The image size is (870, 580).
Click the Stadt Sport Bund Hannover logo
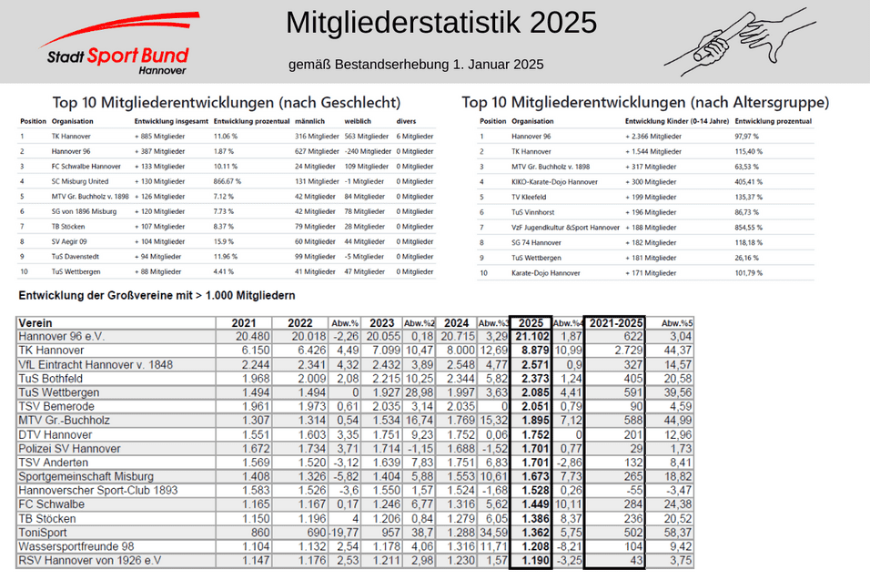[x=120, y=43]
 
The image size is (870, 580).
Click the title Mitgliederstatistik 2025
[x=441, y=22]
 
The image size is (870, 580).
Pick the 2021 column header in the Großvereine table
[x=244, y=323]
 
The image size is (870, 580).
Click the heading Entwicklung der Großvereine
[x=156, y=296]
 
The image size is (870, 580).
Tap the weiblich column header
[x=359, y=121]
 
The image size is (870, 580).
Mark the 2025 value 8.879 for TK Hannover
[x=532, y=351]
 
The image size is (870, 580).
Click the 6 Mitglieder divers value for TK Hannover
[x=415, y=136]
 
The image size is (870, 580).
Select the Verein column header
[x=36, y=323]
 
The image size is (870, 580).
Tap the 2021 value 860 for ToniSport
[x=256, y=531]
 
